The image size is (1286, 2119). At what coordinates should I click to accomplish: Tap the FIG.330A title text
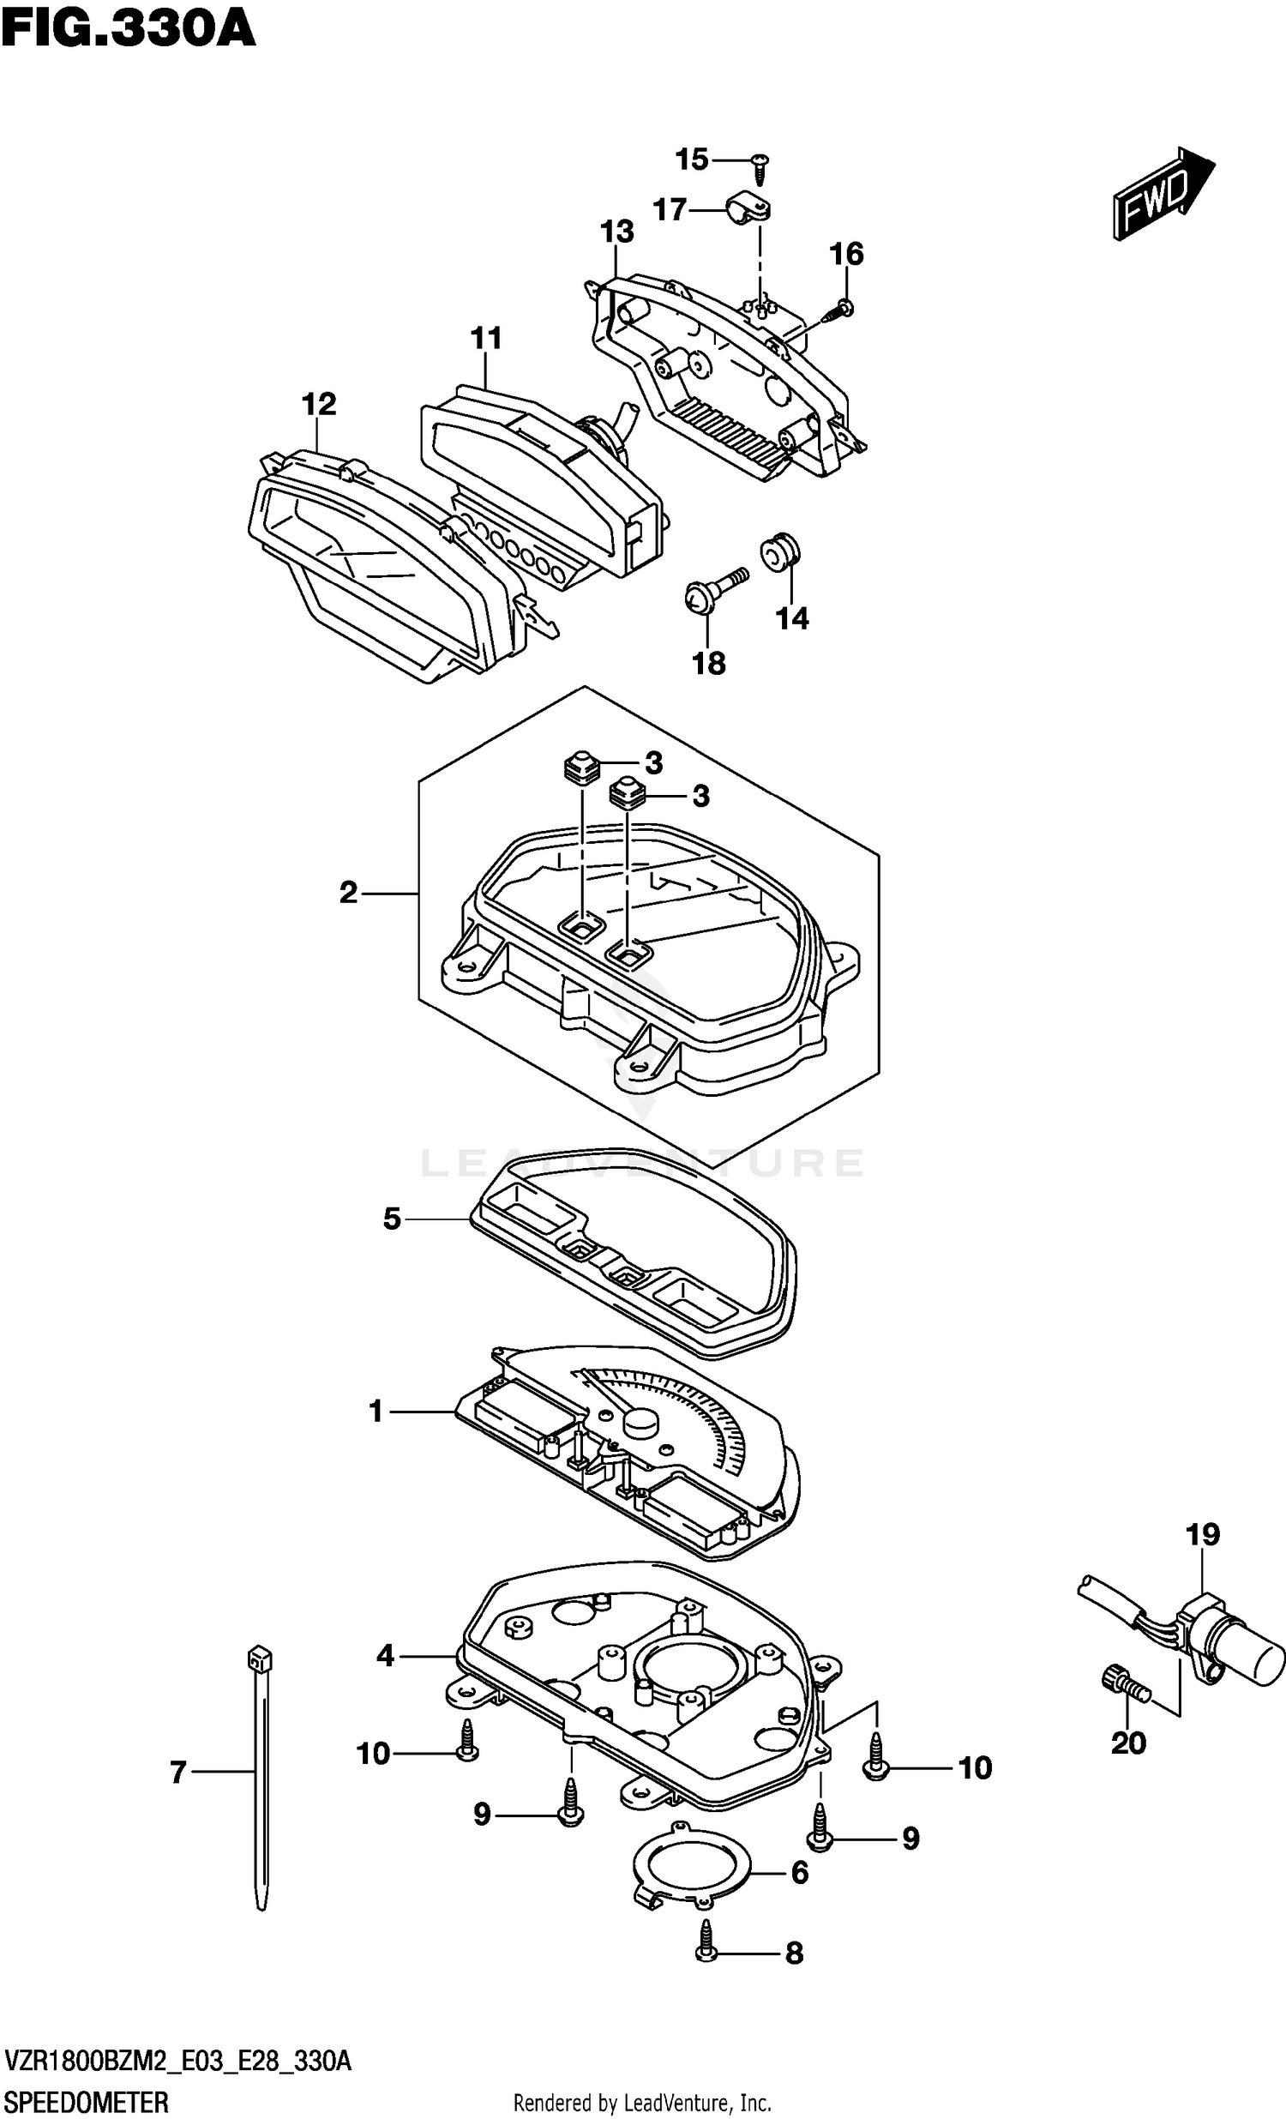click(129, 28)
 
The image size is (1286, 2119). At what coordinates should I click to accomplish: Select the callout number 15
click(692, 160)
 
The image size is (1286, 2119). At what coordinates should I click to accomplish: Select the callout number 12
click(318, 404)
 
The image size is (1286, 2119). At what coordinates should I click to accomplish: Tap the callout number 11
click(486, 339)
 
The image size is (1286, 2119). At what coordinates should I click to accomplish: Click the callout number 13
click(617, 232)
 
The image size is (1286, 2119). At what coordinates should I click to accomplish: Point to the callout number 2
click(348, 893)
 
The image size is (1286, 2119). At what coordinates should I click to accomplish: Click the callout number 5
click(392, 1219)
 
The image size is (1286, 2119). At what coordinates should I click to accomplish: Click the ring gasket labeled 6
click(693, 1868)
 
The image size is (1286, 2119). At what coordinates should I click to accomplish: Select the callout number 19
click(1203, 1533)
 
